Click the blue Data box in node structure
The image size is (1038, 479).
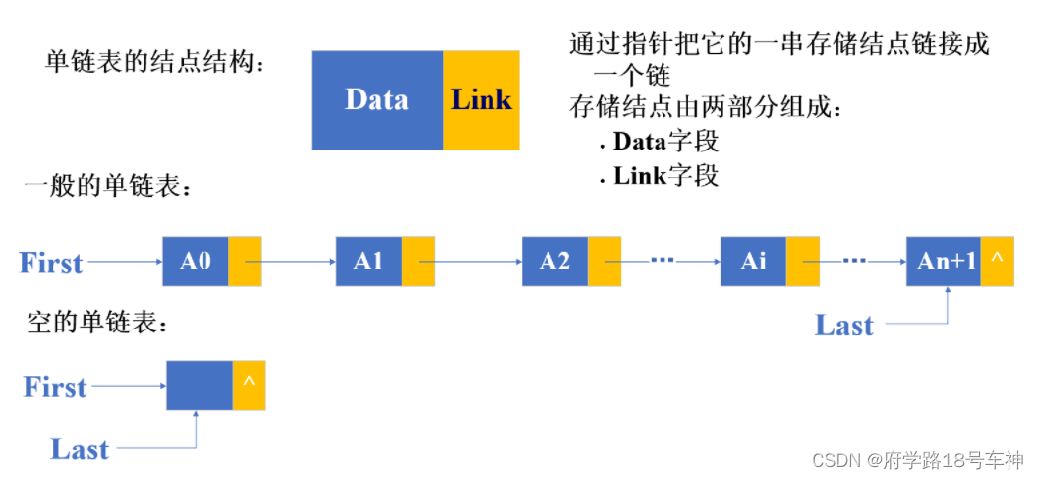click(x=377, y=99)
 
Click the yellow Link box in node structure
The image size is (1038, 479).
click(x=481, y=99)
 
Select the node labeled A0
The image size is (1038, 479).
click(x=196, y=262)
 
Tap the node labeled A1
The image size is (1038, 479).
click(x=369, y=262)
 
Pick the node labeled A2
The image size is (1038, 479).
click(x=554, y=262)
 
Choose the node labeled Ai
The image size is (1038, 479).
click(x=753, y=262)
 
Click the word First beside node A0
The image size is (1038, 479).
click(x=51, y=264)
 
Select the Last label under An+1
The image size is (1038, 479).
click(x=843, y=326)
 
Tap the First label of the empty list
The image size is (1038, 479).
click(x=55, y=387)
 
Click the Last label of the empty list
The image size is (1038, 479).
click(x=80, y=449)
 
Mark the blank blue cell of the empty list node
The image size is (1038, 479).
click(x=200, y=386)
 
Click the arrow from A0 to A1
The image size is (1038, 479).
click(x=290, y=263)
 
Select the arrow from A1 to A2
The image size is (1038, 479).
click(x=470, y=263)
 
